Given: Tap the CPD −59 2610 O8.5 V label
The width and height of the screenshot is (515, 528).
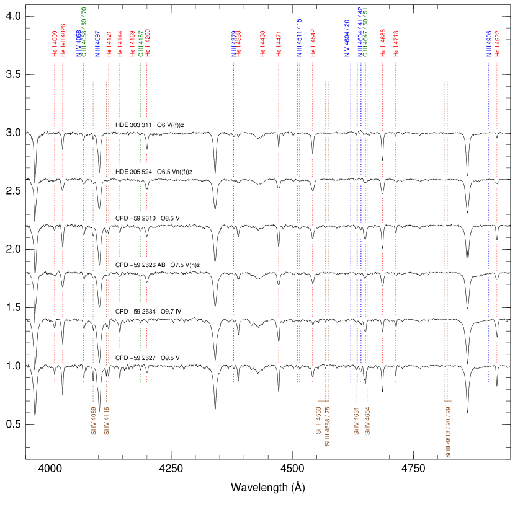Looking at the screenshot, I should point(149,219).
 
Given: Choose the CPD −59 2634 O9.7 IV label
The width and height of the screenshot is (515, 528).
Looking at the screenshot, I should point(149,312).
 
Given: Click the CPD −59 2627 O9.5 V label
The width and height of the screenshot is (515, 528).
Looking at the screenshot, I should point(149,358).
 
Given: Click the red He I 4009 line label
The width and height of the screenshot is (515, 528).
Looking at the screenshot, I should point(55,44).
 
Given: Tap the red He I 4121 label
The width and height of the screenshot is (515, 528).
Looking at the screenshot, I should point(109,44).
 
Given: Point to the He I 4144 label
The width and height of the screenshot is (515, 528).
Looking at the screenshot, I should point(120,44).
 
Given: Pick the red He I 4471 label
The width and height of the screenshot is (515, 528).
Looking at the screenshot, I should point(279,44).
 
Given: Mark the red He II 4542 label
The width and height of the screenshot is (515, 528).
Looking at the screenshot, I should point(313,43).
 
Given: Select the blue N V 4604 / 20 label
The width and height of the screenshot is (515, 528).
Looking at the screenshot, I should point(347,38).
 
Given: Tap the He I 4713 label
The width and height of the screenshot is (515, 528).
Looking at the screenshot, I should point(396,44).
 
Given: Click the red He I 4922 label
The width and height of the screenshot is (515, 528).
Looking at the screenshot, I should point(497,44).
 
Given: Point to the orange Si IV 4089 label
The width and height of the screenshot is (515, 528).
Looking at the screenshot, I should point(93,421).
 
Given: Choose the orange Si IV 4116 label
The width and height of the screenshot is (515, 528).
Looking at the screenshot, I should point(107,421).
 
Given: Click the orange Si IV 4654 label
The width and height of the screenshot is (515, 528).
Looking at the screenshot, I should point(367,421).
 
